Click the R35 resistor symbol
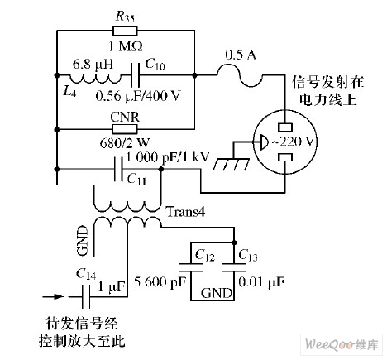point(125,31)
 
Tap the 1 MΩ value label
point(126,46)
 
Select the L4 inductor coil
point(95,79)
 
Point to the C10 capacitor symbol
point(135,75)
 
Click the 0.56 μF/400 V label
point(138,96)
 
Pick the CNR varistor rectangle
point(125,129)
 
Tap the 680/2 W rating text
point(124,143)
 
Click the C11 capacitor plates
point(118,169)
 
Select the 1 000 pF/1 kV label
point(168,157)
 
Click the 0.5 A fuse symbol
point(240,75)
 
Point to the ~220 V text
point(294,142)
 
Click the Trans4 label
point(185,212)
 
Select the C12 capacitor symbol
point(191,267)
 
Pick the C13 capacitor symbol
point(234,267)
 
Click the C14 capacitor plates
point(86,297)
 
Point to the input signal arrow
point(53,297)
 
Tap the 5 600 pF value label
point(160,282)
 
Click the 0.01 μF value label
point(261,282)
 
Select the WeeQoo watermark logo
point(342,345)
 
